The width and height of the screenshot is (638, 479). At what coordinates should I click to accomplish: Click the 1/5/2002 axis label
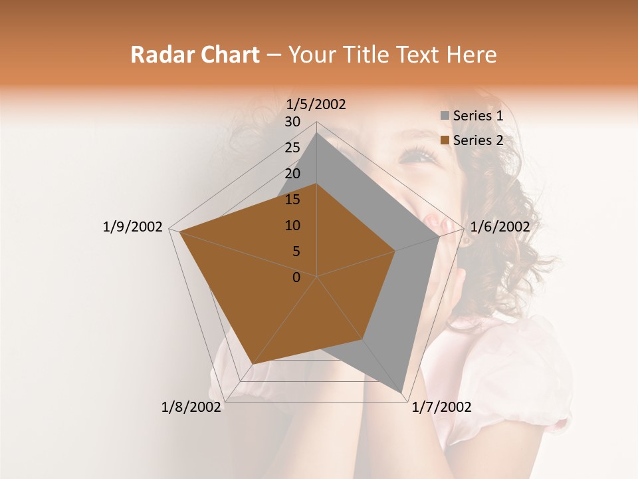click(316, 104)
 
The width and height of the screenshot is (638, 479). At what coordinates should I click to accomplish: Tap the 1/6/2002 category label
click(500, 227)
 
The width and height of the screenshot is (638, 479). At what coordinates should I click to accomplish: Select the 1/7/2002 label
click(441, 407)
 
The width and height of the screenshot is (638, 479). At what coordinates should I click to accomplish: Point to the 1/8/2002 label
click(191, 407)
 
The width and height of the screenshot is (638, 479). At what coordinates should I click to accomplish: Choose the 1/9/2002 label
click(133, 227)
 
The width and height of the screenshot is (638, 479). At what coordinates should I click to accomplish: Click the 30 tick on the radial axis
click(292, 122)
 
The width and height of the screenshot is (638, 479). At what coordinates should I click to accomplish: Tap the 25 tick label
click(292, 148)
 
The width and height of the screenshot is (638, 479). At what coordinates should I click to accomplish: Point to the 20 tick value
click(292, 174)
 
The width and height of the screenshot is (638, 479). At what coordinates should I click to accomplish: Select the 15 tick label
click(292, 200)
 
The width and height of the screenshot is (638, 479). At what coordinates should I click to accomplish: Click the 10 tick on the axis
click(292, 226)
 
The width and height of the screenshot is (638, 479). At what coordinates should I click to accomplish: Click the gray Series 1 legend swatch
click(445, 116)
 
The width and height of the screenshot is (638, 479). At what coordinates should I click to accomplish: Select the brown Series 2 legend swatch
click(445, 140)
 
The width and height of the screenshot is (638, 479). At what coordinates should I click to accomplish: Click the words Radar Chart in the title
click(195, 55)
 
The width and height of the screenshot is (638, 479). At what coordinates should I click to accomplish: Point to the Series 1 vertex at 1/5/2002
click(316, 133)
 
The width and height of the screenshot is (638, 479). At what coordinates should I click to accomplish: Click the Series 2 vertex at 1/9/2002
click(179, 232)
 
